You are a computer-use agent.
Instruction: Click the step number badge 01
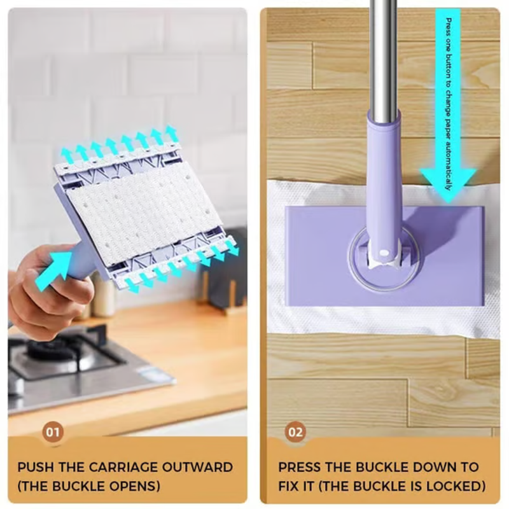pyautogui.click(x=53, y=432)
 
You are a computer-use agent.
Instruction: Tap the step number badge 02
pyautogui.click(x=295, y=432)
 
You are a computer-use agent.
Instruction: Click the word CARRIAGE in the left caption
pyautogui.click(x=123, y=467)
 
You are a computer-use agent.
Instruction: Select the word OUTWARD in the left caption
pyautogui.click(x=197, y=467)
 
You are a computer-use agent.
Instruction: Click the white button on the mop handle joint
pyautogui.click(x=384, y=253)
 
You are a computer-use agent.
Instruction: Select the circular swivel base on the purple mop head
pyautogui.click(x=384, y=258)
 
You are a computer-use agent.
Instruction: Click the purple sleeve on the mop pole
pyautogui.click(x=385, y=182)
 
